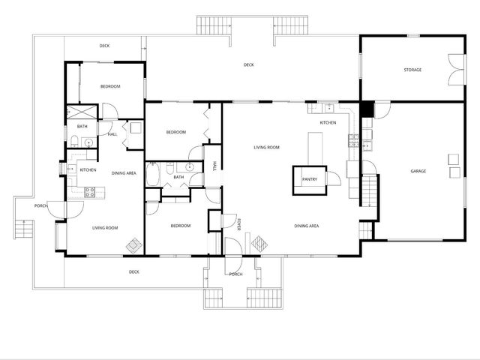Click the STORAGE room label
412,70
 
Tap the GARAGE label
418,171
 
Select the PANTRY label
310,180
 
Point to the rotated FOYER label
239,224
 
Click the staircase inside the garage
370,190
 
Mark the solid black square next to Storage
366,109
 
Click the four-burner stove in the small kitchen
90,191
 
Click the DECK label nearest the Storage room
248,65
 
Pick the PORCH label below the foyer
235,274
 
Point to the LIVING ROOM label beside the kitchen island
266,147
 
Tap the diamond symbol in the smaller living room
133,245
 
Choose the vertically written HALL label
215,166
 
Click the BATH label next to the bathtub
178,178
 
